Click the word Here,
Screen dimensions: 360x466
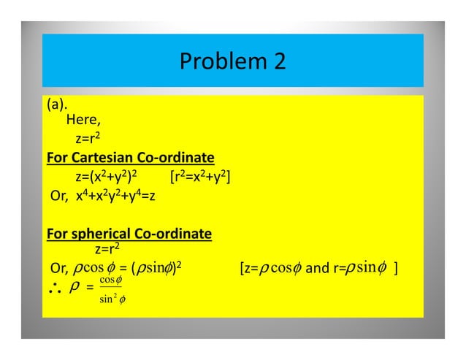[83, 120]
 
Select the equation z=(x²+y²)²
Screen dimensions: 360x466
[108, 176]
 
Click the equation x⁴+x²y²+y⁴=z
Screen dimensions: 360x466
[111, 196]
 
